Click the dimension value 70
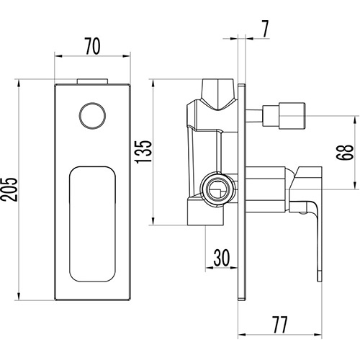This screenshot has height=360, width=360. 92,46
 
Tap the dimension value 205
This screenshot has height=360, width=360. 9,189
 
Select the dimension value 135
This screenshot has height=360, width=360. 144,152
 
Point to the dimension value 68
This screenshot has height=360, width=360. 345,153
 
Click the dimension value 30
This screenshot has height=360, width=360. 222,258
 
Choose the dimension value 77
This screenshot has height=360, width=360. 279,325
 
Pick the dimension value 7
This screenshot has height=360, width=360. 265,29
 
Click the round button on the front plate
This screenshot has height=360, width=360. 92,116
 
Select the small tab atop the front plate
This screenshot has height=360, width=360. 92,81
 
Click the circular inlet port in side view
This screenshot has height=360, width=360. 217,189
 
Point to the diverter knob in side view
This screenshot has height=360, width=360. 284,116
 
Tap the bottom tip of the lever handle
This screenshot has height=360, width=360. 320,279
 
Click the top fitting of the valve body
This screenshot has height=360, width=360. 217,94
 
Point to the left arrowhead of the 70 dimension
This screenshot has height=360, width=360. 58,56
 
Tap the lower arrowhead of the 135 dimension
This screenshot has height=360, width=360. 153,222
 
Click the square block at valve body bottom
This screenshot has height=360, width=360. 205,211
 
